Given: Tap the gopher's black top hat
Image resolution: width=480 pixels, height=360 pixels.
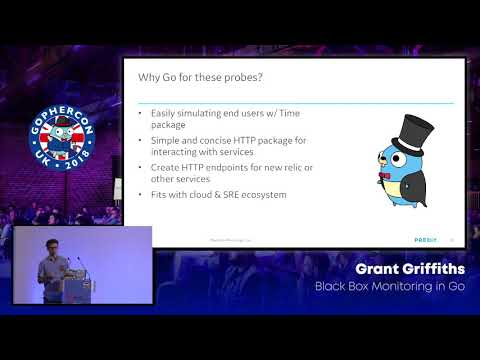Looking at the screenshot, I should click(x=406, y=124).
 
